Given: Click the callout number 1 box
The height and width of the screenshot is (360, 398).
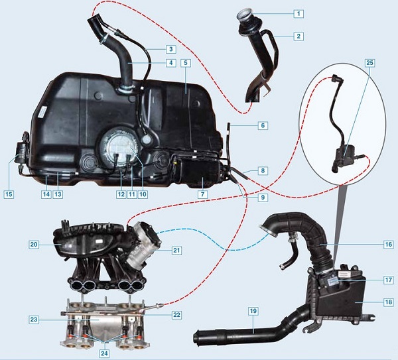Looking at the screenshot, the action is pos(298,13).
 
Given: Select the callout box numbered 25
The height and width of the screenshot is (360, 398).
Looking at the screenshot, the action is pos(369,63).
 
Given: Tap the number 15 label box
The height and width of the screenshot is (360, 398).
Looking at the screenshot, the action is pos(9,194).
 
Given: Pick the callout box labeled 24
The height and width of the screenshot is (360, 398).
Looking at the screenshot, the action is pos(105,353).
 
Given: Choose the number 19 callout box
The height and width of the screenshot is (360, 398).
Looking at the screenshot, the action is pos(253,311).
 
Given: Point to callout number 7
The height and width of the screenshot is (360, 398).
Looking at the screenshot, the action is pos(202,194).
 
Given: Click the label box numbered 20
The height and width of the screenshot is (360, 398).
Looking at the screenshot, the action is pos(34,245).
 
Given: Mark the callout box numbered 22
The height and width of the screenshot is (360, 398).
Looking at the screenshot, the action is pos(176,315).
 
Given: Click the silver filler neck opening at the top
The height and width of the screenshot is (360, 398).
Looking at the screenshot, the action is pos(243,13).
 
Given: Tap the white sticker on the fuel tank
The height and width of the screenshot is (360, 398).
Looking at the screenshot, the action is pos(42,111).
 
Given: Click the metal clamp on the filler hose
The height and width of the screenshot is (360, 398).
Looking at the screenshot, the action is pos(103,39).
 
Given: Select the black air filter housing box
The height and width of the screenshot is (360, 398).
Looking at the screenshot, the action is pos(338,296).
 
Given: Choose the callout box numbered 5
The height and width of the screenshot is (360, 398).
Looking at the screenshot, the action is pos(186,63).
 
